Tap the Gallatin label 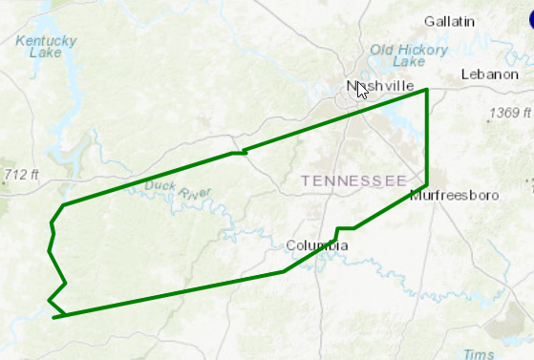pos(450,21)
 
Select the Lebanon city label pos(487,74)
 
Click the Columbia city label pos(317,246)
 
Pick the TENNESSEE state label pos(353,180)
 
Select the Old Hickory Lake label pos(410,55)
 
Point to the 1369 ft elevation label pos(505,114)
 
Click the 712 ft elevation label pos(21,174)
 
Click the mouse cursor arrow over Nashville pos(362,90)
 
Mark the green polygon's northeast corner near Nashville pos(426,89)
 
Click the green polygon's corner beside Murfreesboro pos(426,184)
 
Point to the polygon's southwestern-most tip pos(53,317)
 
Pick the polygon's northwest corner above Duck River pos(63,205)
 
